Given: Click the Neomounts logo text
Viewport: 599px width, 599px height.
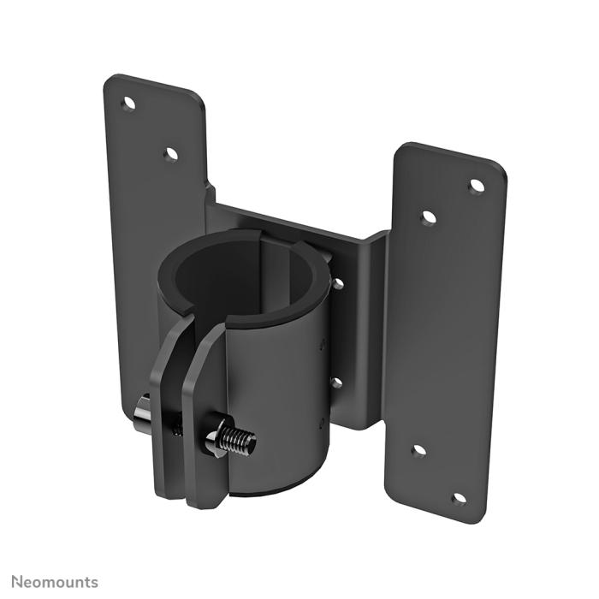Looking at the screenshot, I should [x=55, y=582].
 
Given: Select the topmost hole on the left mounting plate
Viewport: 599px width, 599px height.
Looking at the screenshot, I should [x=129, y=104].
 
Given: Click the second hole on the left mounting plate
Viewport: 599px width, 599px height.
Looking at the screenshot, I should [x=170, y=154].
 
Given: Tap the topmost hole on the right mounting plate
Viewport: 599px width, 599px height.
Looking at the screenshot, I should [x=477, y=185].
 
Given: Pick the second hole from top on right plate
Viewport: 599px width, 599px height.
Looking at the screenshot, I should [x=429, y=217].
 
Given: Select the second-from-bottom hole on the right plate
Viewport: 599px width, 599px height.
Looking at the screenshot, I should [x=418, y=450].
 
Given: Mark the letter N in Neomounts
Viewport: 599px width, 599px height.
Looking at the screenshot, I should [x=17, y=582].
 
